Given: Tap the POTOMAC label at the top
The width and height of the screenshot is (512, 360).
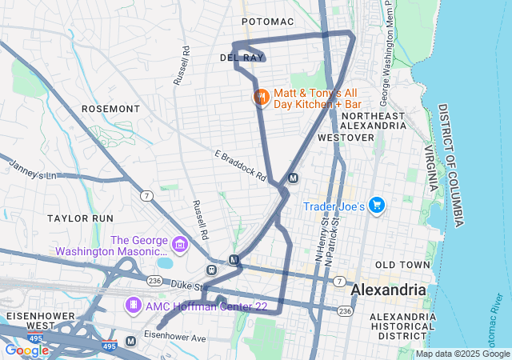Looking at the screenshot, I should (x=268, y=21).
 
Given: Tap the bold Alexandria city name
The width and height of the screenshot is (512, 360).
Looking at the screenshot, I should (x=388, y=289).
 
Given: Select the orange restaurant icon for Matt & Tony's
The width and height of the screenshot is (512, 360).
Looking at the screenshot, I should (x=261, y=98).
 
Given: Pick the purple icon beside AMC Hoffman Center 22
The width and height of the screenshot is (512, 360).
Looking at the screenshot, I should (x=134, y=306).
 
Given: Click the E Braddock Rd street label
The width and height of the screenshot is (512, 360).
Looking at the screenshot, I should (x=240, y=166).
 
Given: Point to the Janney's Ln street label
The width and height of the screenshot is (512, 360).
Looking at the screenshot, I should (x=33, y=170).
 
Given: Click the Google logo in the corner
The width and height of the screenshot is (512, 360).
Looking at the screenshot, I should (x=26, y=350).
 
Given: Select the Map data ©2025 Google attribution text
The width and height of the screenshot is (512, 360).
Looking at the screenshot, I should (x=462, y=354).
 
